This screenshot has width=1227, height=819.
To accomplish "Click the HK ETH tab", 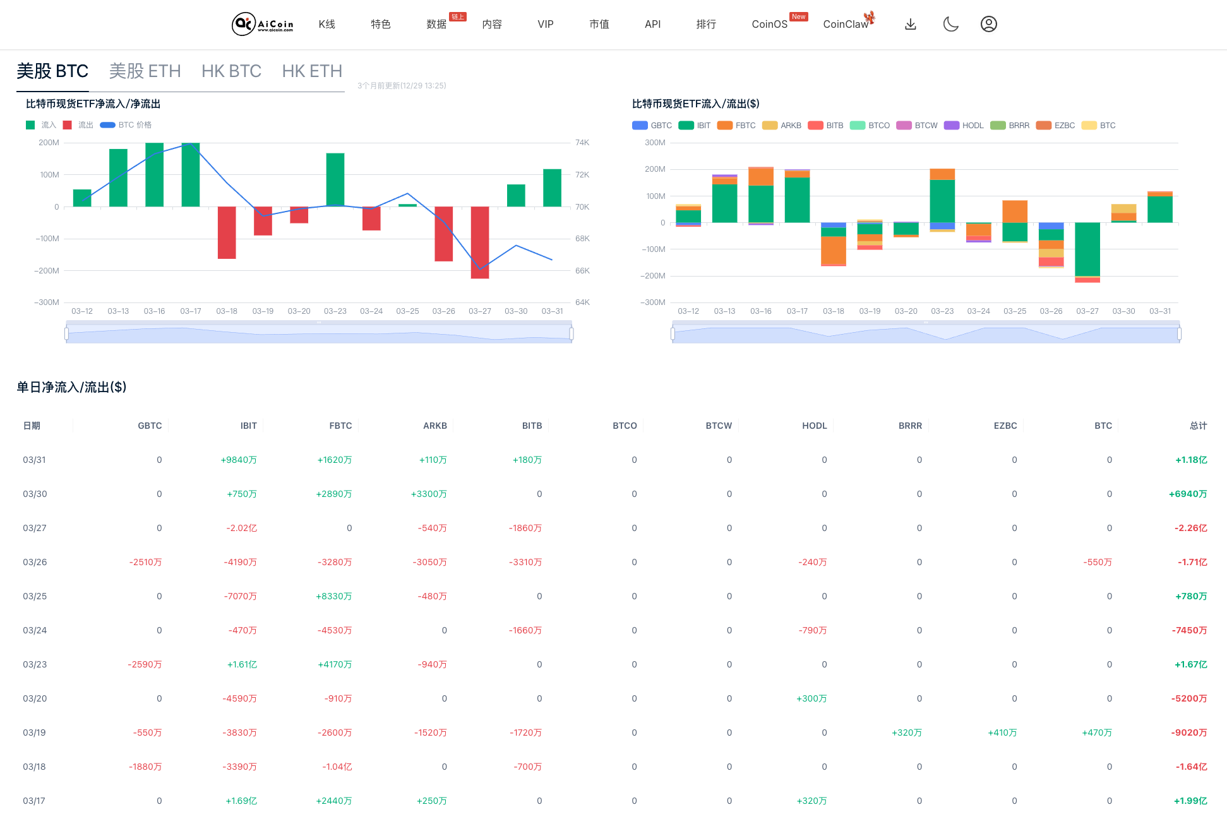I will coord(312,71).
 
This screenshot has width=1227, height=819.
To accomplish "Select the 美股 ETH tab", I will coord(145,71).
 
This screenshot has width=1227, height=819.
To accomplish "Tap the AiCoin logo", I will coord(262,24).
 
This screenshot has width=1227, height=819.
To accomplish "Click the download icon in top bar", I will coord(910,24).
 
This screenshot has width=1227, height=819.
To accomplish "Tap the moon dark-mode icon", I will coord(950,24).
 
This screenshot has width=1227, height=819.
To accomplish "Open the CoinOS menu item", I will coord(769,24).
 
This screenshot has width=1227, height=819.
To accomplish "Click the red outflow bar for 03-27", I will coord(480,242).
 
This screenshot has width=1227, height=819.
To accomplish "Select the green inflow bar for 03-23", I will coord(335,179).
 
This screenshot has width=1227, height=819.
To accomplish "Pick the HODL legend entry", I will coord(964,126).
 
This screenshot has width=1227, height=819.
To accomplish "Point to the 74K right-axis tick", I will coord(582,143).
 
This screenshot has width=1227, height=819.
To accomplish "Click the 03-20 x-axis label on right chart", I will coord(906,311).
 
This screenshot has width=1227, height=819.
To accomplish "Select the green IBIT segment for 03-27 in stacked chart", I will coord(1087,249).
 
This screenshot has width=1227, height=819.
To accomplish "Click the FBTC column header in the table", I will coord(340,426).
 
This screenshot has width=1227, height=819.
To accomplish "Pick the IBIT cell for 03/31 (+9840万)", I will coord(239,460).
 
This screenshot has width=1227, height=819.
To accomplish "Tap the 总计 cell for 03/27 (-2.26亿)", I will coord(1190,528).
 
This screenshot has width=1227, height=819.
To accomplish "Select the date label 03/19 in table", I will coord(35,732).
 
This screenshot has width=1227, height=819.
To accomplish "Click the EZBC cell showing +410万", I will coord(1002,732).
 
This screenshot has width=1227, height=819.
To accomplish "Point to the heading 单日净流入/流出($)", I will coord(71,387).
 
